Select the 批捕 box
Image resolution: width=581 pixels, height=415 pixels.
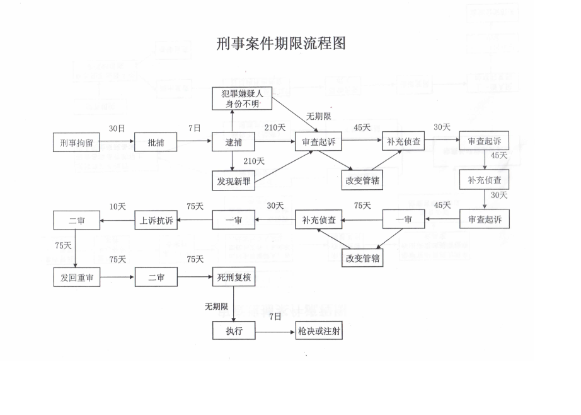tap(156, 143)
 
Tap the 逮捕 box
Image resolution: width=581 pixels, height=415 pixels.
tap(234, 143)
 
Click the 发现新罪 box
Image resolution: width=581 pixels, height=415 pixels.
tap(234, 182)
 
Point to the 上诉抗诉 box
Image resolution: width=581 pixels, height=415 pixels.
tap(156, 220)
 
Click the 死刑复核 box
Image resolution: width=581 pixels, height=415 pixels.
tap(234, 278)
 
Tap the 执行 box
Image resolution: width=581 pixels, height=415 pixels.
tap(234, 331)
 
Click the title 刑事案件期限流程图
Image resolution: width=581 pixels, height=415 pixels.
tap(281, 44)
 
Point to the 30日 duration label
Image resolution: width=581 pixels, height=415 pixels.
tap(117, 128)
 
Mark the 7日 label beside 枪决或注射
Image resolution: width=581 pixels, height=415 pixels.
tap(275, 317)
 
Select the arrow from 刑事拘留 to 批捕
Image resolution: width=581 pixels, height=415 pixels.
tap(117, 143)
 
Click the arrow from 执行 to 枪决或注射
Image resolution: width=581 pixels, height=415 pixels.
tap(276, 331)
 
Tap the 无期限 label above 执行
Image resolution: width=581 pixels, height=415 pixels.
tap(216, 307)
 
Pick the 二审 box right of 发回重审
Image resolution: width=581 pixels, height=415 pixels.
tap(156, 278)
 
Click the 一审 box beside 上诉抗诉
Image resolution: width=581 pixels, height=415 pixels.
tap(234, 220)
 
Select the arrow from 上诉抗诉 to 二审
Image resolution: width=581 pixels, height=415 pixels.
tap(118, 220)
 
